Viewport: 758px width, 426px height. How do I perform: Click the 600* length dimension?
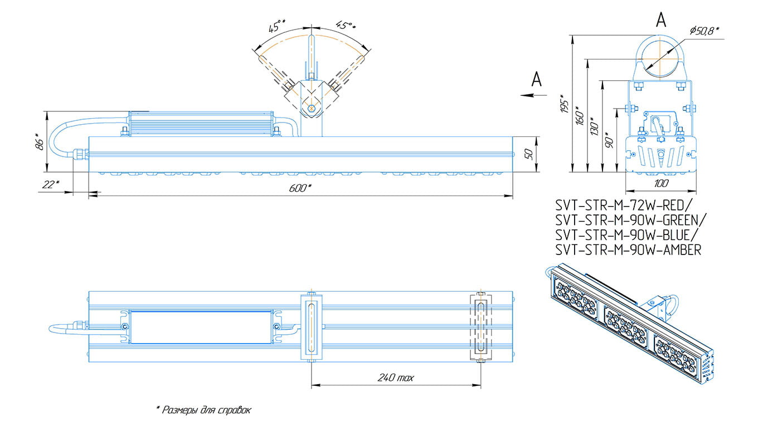point(300,188)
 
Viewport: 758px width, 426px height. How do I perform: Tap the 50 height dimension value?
point(531,154)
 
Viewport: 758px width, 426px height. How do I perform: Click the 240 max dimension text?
point(396,378)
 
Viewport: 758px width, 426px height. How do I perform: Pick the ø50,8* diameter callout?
point(704,31)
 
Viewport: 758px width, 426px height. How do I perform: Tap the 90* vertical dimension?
point(610,140)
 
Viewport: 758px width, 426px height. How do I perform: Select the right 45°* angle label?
point(346,26)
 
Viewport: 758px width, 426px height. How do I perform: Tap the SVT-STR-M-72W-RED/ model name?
point(622,204)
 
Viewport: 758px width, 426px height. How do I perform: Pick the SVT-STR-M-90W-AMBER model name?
point(628,251)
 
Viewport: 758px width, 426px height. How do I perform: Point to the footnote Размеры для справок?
point(203,410)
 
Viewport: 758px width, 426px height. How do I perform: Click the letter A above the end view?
point(661,20)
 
